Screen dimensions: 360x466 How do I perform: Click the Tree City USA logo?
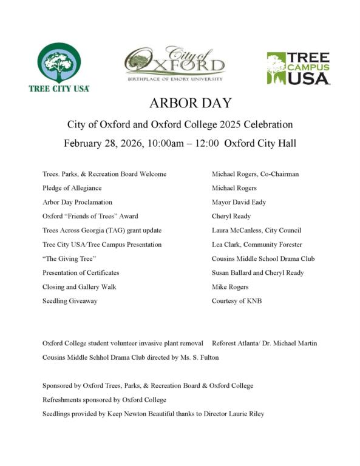click(59, 67)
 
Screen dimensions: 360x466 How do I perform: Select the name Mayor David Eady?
click(239, 202)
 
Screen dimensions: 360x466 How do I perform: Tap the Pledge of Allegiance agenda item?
click(72, 188)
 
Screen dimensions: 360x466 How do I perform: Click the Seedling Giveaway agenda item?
click(69, 300)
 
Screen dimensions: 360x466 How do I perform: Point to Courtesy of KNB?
click(237, 300)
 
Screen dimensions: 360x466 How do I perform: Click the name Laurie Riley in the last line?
click(247, 414)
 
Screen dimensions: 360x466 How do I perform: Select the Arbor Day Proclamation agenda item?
click(77, 202)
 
